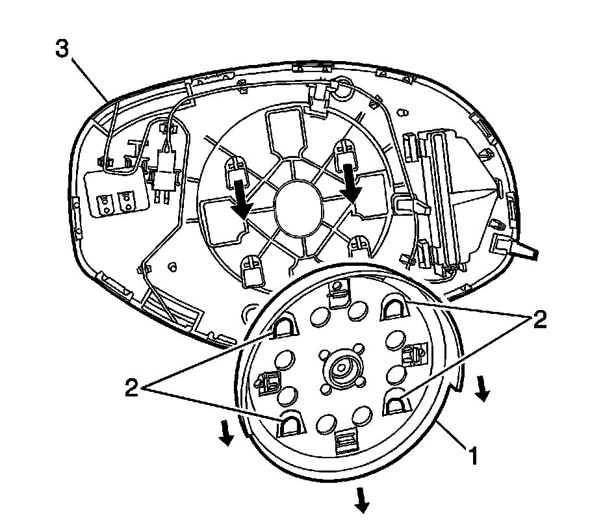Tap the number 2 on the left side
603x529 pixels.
pos(133,387)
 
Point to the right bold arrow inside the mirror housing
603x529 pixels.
pos(353,184)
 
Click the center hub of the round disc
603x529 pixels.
pos(340,370)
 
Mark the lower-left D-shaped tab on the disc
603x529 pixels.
pos(290,424)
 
